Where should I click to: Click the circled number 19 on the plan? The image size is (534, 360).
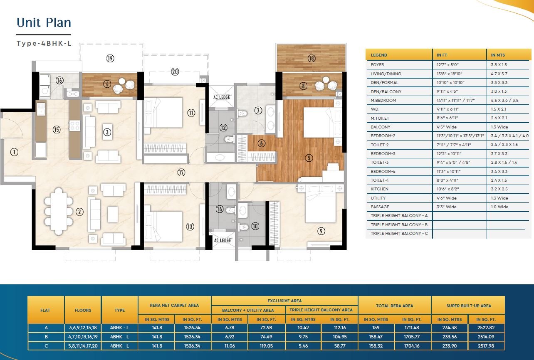tap(110, 58)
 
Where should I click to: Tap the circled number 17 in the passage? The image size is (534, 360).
tap(181, 172)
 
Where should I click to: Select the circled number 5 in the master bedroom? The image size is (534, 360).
tap(309, 158)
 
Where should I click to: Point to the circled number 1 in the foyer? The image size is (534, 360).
tap(14, 152)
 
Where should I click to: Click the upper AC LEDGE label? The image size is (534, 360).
tap(222, 97)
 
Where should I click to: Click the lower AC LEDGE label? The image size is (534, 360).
tap(222, 240)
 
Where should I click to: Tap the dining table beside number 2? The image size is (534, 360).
tap(58, 211)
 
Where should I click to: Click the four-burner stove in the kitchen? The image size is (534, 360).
tap(74, 126)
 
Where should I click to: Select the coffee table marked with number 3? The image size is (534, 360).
tap(107, 132)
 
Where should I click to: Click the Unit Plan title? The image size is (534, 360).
tap(44, 22)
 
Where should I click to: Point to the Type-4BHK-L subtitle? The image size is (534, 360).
tap(44, 43)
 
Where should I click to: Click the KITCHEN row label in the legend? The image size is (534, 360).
tap(380, 189)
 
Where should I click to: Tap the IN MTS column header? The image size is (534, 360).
tap(498, 55)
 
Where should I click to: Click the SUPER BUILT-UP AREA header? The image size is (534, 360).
tap(469, 306)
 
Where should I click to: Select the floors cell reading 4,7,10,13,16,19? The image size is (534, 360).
tap(83, 337)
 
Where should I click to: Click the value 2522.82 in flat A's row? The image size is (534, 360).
tap(486, 328)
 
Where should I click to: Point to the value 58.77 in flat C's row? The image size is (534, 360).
tap(340, 346)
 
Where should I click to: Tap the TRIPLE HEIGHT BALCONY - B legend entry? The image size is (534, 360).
tap(399, 224)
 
